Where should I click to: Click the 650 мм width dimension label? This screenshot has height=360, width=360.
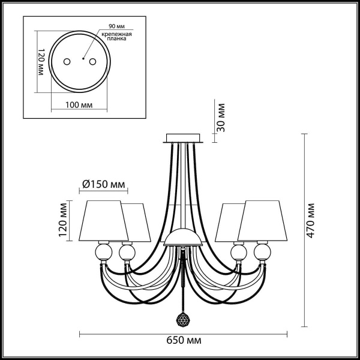(x=184, y=340)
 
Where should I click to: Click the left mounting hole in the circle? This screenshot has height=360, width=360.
(x=67, y=61)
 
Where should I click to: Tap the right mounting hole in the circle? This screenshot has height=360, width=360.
(x=92, y=61)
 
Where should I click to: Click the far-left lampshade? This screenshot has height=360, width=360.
(x=103, y=220)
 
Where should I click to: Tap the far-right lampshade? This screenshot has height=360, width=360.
(x=263, y=220)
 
